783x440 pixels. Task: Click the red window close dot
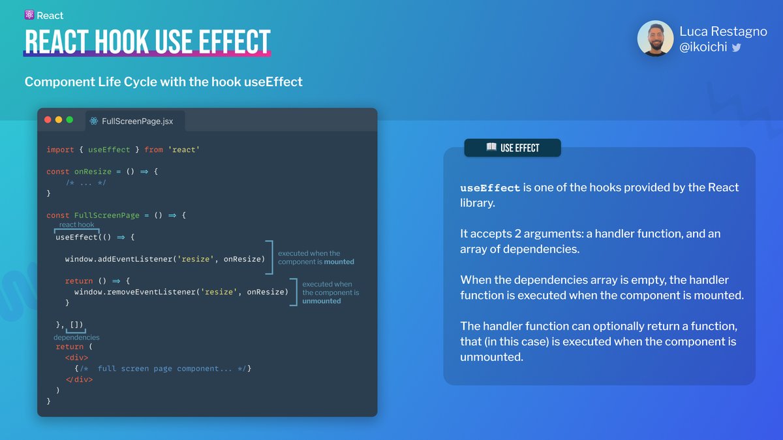pyautogui.click(x=48, y=120)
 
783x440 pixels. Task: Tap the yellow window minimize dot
pyautogui.click(x=59, y=120)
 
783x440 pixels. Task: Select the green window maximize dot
pyautogui.click(x=70, y=120)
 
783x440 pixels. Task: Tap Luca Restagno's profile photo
pyautogui.click(x=655, y=39)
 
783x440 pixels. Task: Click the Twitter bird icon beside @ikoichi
pyautogui.click(x=736, y=48)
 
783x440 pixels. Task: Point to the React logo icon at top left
pyautogui.click(x=29, y=15)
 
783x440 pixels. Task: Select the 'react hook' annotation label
pyautogui.click(x=76, y=225)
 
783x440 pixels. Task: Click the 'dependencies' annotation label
pyautogui.click(x=76, y=338)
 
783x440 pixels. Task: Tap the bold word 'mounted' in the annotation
pyautogui.click(x=339, y=262)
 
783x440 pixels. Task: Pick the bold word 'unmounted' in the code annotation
pyautogui.click(x=322, y=301)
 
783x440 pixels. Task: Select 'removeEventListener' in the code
pyautogui.click(x=142, y=292)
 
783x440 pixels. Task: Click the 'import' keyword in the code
pyautogui.click(x=60, y=149)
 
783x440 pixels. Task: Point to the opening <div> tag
pyautogui.click(x=76, y=358)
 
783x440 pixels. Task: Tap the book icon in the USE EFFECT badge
pyautogui.click(x=491, y=148)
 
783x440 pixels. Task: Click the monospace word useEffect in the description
pyautogui.click(x=490, y=188)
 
